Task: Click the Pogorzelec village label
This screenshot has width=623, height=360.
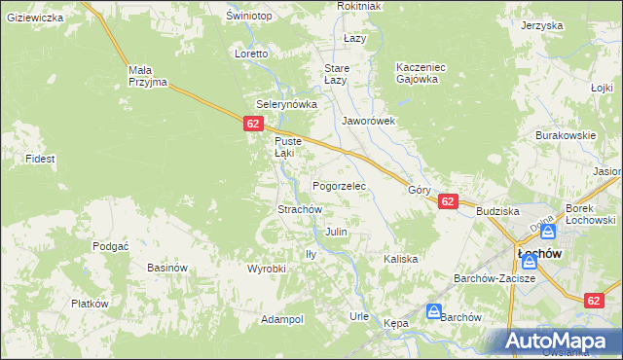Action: coord(338,185)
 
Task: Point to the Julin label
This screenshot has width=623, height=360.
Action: coord(336,233)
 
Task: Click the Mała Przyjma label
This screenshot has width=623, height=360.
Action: coord(149,76)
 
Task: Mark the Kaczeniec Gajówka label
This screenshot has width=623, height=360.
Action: coord(421,73)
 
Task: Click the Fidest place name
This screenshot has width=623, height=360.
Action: coord(40,158)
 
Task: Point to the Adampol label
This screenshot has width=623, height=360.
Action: coord(282,319)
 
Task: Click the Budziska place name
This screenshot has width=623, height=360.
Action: coord(497,210)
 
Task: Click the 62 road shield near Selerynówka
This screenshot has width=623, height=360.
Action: coord(252,124)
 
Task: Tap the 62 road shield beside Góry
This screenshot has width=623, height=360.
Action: coord(447,201)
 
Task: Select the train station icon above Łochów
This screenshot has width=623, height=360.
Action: coord(548,232)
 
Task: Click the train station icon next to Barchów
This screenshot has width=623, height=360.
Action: coord(433,310)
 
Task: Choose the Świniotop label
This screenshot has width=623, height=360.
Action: coord(247,17)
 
